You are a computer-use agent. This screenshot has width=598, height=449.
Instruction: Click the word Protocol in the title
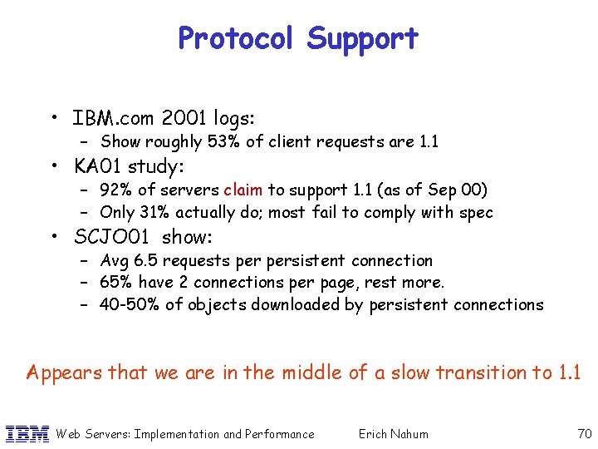coord(237,38)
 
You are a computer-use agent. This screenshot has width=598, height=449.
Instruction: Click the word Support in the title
coord(363,38)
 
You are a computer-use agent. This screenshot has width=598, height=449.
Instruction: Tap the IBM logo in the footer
coord(27,433)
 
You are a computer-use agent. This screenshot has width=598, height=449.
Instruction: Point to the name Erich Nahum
coord(394,433)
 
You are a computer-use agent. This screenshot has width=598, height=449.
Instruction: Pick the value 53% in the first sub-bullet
coord(224,142)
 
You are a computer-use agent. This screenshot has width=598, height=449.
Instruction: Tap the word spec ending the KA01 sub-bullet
coord(476,213)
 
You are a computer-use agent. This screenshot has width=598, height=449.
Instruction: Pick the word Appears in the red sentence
coord(60,373)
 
